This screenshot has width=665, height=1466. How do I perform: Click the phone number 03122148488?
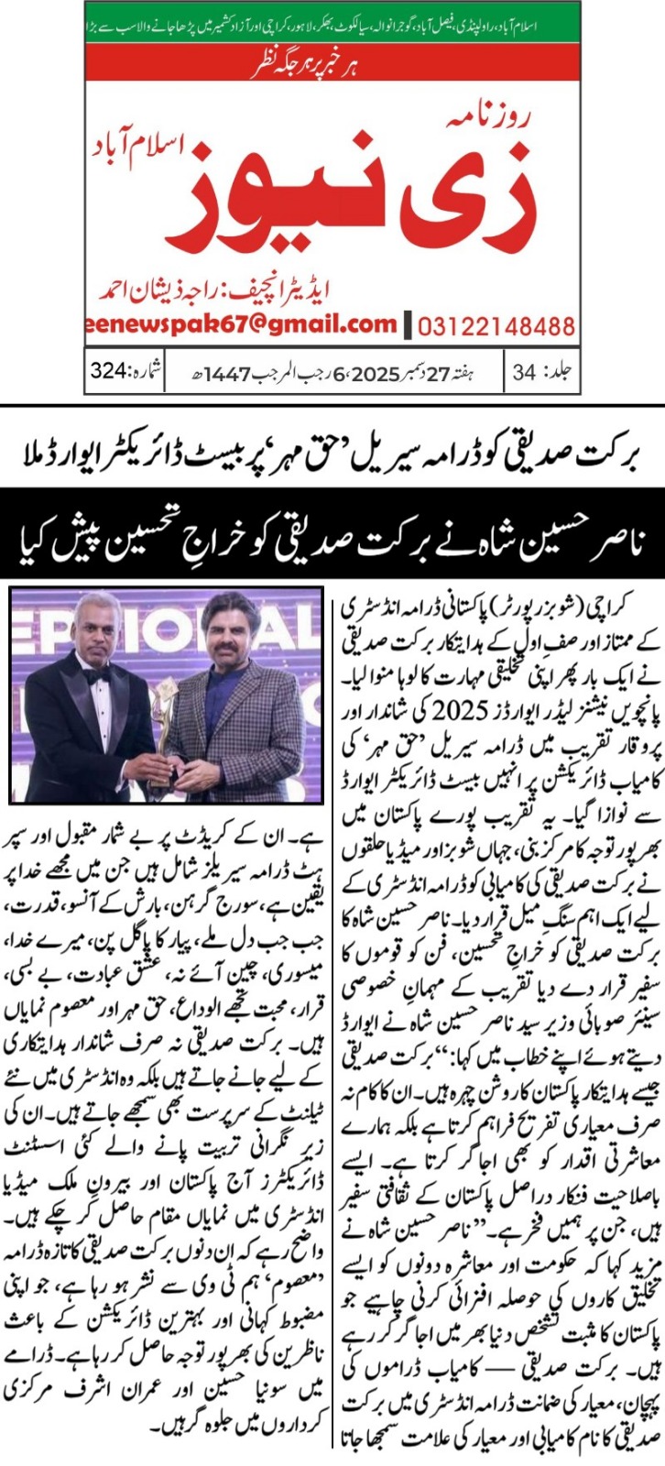pyautogui.click(x=497, y=326)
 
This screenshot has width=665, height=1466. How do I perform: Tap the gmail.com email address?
pyautogui.click(x=244, y=323)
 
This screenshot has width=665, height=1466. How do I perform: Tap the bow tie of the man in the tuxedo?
pyautogui.click(x=96, y=673)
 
